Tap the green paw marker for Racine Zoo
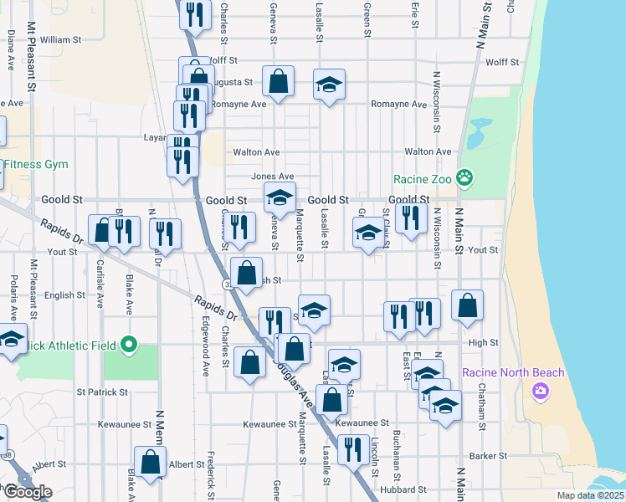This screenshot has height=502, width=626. click(465, 178)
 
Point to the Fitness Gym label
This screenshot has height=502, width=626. click(34, 164)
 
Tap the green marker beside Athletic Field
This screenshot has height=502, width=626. click(129, 344)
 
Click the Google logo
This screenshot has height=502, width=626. click(28, 492)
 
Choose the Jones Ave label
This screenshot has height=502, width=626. click(273, 177)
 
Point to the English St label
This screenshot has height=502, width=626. click(59, 295)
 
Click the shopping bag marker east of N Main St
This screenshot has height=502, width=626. click(467, 306)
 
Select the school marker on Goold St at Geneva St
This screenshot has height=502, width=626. click(280, 198)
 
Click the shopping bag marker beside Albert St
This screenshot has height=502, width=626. click(150, 462)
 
